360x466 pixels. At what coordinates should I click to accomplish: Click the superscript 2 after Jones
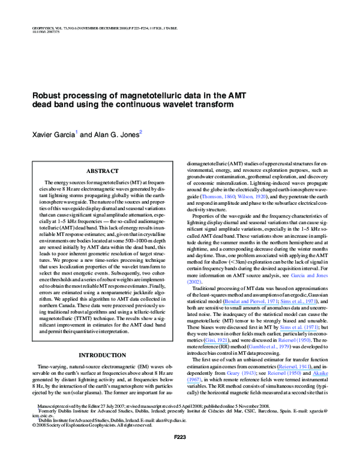point(140,130)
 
